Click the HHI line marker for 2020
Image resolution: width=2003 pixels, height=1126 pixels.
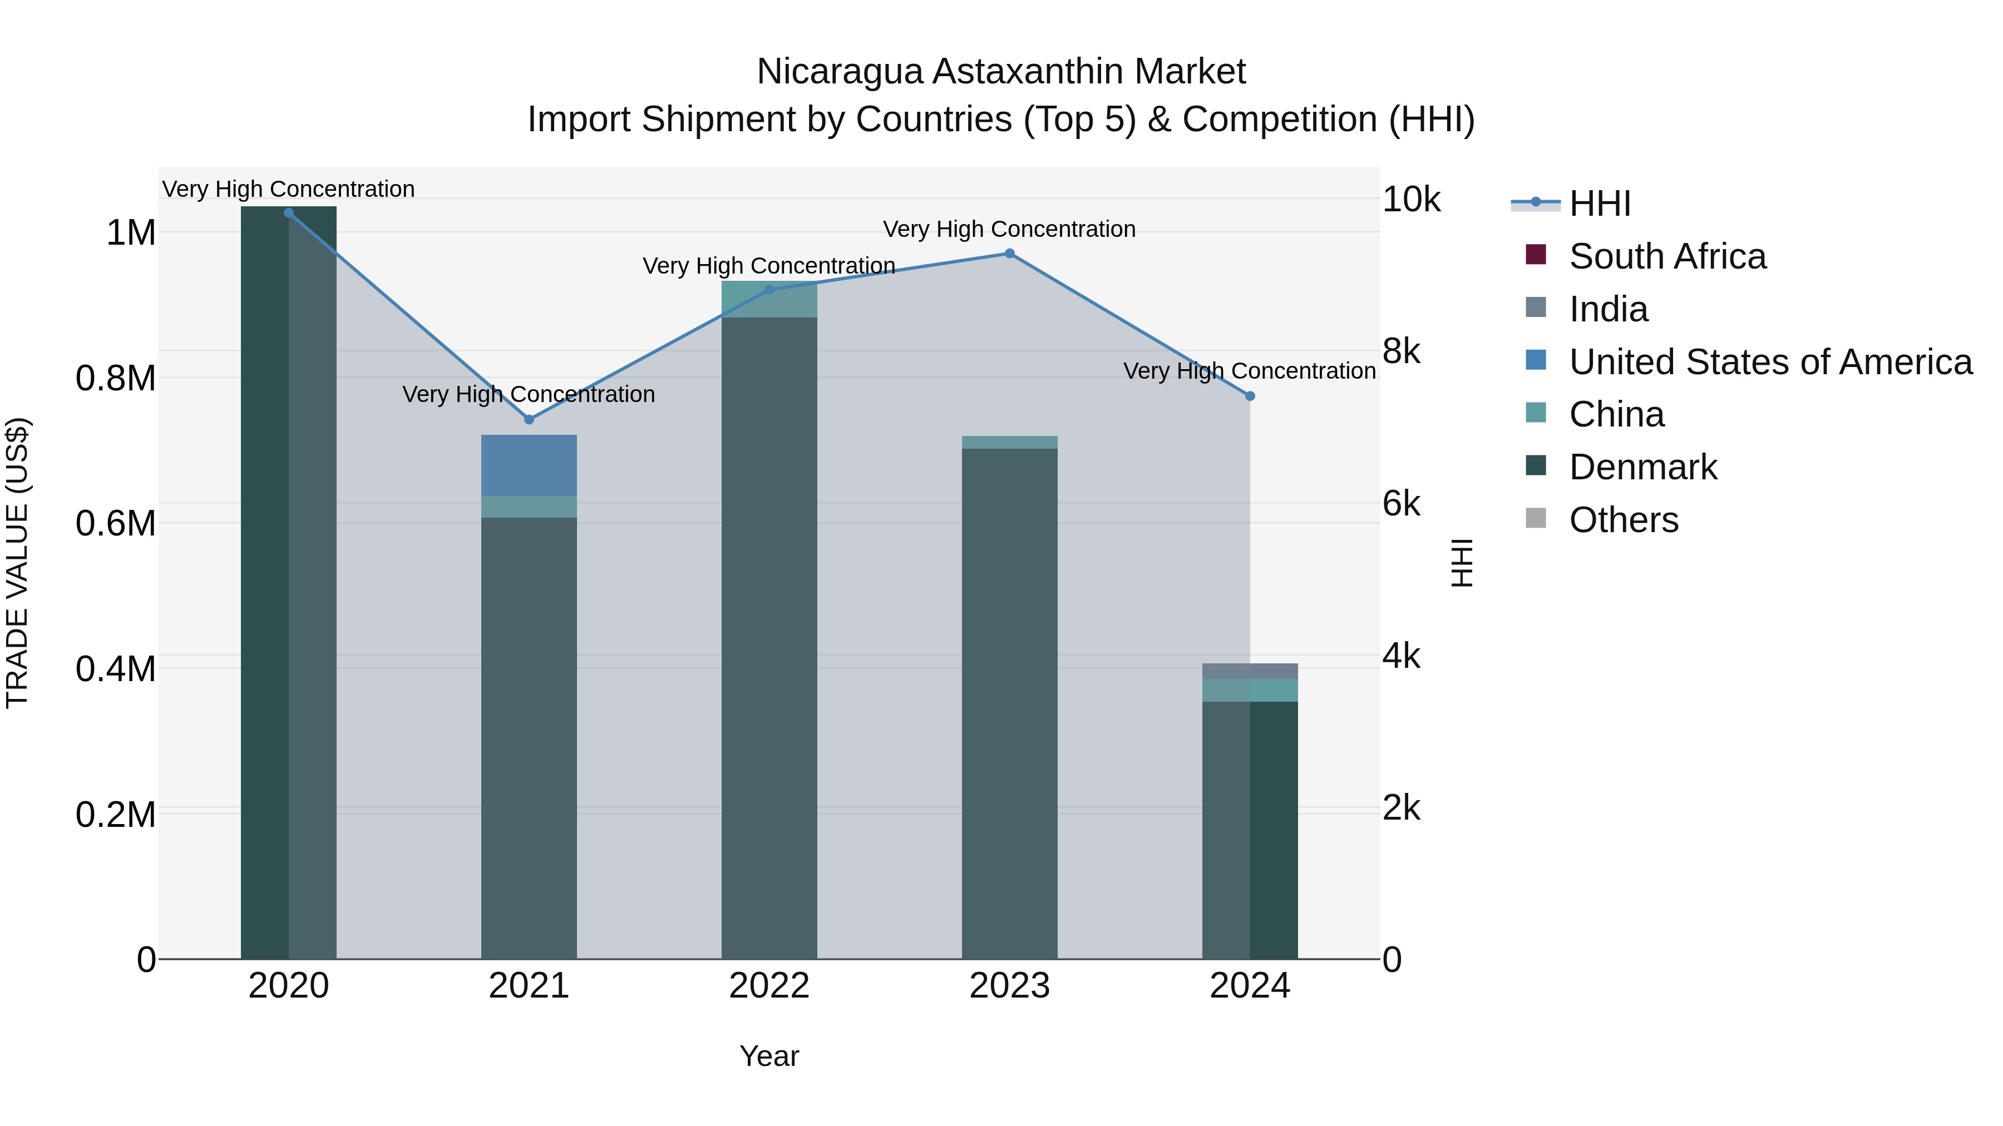pyautogui.click(x=288, y=213)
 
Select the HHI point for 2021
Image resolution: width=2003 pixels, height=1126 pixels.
pyautogui.click(x=529, y=420)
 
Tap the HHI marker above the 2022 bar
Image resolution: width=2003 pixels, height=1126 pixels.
pyautogui.click(x=769, y=290)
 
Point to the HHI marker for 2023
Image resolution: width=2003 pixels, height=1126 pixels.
pyautogui.click(x=1009, y=254)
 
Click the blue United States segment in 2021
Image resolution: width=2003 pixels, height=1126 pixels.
pyautogui.click(x=529, y=465)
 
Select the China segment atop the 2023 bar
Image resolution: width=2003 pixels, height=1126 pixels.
pyautogui.click(x=1009, y=442)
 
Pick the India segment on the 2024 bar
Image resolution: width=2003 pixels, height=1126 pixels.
pyautogui.click(x=1250, y=671)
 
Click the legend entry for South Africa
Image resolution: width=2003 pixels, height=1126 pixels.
pyautogui.click(x=1667, y=256)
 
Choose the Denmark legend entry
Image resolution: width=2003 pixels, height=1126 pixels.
pyautogui.click(x=1642, y=467)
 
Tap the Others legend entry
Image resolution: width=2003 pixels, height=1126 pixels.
pyautogui.click(x=1623, y=520)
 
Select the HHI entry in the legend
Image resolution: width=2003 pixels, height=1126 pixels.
pyautogui.click(x=1600, y=204)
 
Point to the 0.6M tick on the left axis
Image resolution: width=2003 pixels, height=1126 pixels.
pyautogui.click(x=116, y=524)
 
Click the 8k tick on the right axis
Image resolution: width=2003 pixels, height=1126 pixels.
pyautogui.click(x=1401, y=352)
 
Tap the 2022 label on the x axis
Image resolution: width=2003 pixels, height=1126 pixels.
pyautogui.click(x=769, y=986)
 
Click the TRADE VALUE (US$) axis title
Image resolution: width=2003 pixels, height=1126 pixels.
pyautogui.click(x=17, y=563)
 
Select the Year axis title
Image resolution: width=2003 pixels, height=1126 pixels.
pyautogui.click(x=769, y=1056)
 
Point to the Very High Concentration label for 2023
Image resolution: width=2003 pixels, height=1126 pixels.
pyautogui.click(x=1009, y=229)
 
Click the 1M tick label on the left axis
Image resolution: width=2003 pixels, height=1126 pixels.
pyautogui.click(x=131, y=233)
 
